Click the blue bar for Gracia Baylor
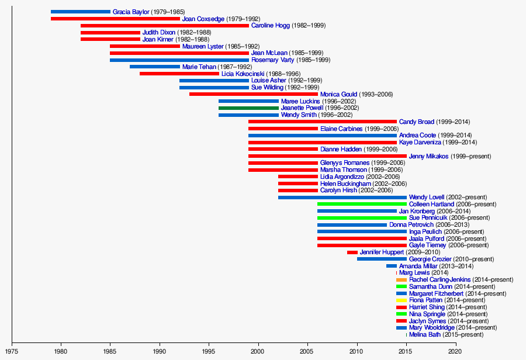(x=80, y=12)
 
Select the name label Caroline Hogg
(x=271, y=26)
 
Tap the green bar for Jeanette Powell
(x=248, y=108)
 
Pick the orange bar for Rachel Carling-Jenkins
(x=401, y=280)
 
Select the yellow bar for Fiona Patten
(x=401, y=300)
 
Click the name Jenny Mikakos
(x=428, y=156)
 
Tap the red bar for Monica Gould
(x=254, y=94)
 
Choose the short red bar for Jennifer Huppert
(x=352, y=252)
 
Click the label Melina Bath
(x=426, y=335)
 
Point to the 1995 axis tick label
(x=209, y=352)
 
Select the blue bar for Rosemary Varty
(x=179, y=60)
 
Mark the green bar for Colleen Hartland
(x=362, y=204)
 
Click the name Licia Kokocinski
(x=243, y=74)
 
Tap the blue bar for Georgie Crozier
(x=382, y=259)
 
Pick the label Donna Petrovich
(x=411, y=225)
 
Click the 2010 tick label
(x=357, y=352)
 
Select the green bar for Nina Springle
(x=401, y=314)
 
